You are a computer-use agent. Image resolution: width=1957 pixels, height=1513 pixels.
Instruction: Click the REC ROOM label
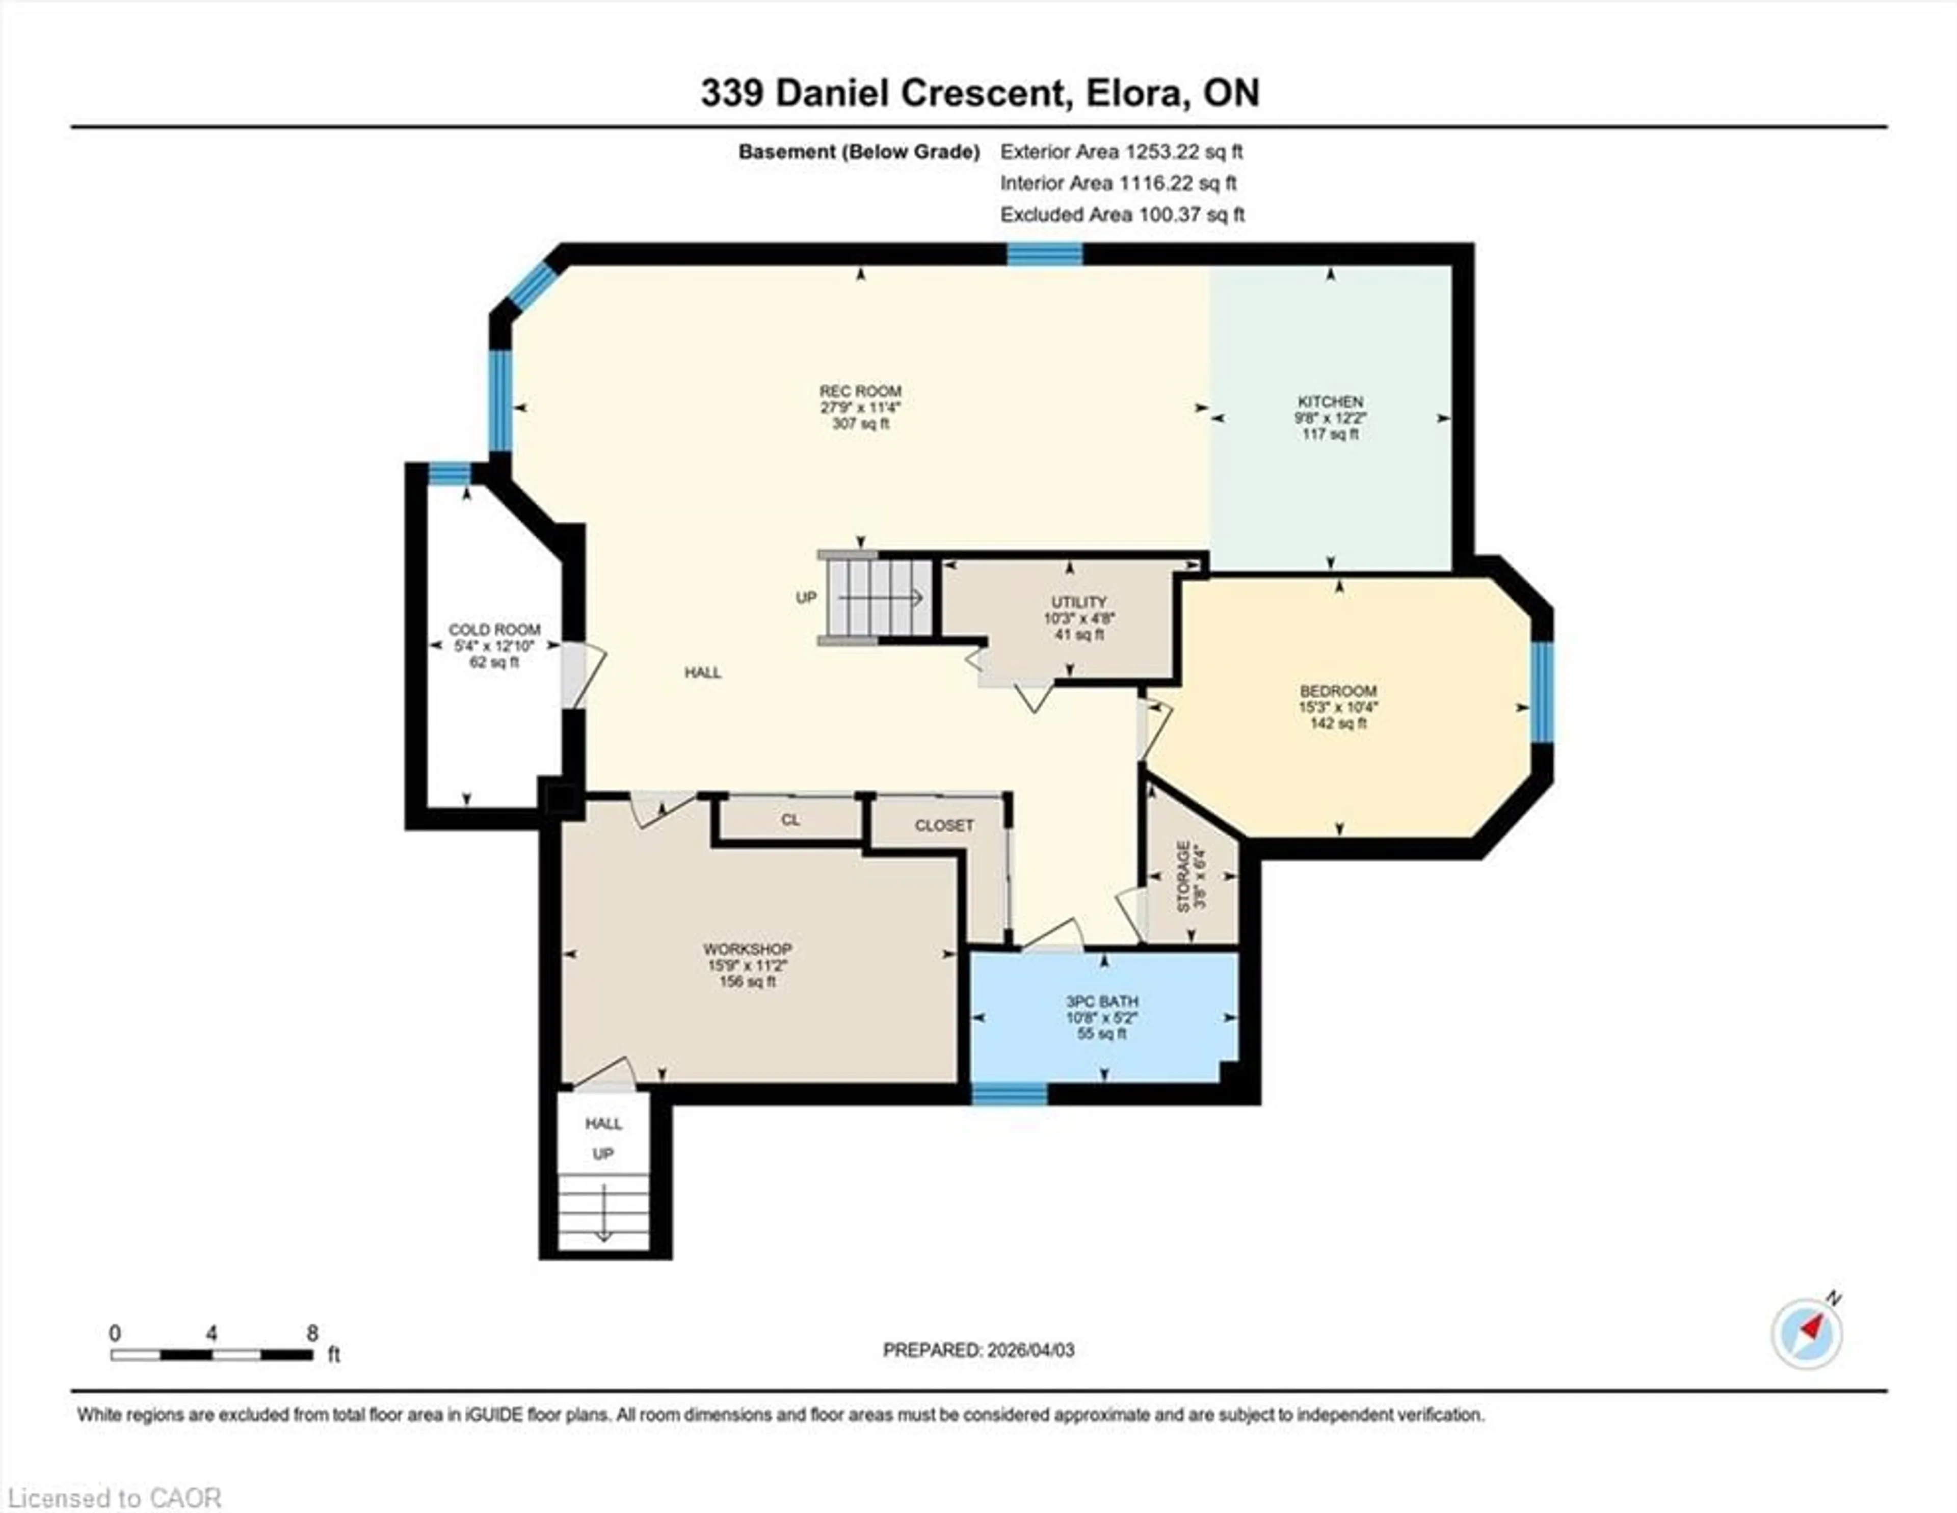click(859, 391)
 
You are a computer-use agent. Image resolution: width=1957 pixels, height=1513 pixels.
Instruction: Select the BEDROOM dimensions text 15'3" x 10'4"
click(1338, 707)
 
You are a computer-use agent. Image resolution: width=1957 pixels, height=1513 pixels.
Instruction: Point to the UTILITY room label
click(1079, 602)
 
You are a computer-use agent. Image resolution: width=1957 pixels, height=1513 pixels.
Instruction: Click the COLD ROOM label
click(495, 630)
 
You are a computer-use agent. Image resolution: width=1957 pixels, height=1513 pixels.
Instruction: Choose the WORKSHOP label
click(747, 949)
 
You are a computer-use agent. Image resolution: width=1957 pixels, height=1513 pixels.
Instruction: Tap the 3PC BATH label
click(1102, 1002)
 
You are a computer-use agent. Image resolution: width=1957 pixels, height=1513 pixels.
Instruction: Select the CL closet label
click(789, 820)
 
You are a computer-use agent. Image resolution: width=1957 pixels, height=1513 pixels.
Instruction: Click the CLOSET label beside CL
click(943, 825)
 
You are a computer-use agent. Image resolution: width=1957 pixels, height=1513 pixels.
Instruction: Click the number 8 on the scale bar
click(312, 1333)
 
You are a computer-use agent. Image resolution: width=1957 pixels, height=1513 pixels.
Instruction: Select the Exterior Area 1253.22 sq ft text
click(1121, 151)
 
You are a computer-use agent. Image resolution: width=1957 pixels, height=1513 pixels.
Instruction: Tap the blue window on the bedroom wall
click(1541, 692)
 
